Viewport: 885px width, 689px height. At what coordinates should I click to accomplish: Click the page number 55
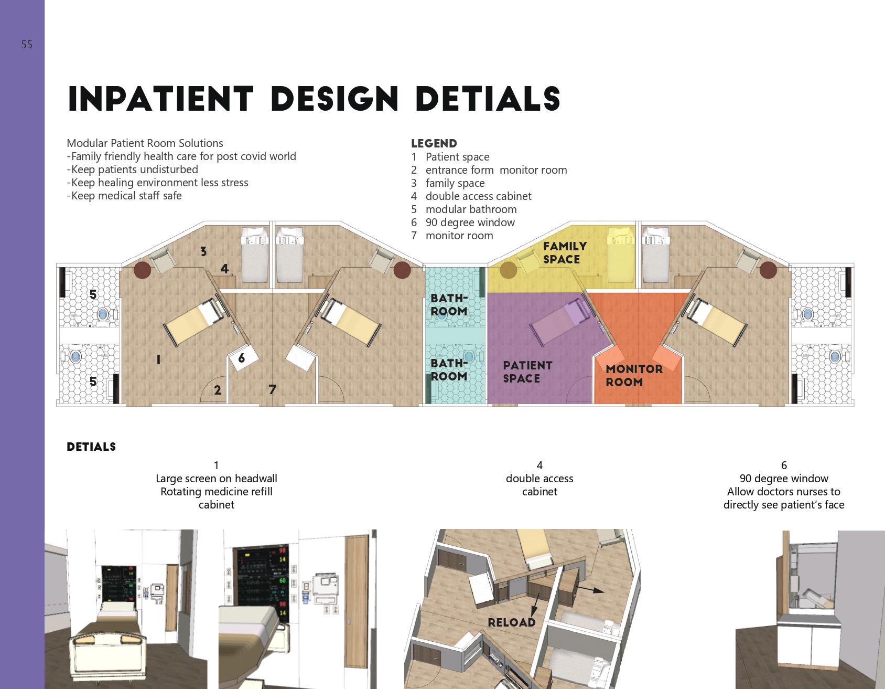pyautogui.click(x=27, y=45)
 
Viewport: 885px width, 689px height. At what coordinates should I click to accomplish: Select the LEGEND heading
pyautogui.click(x=434, y=143)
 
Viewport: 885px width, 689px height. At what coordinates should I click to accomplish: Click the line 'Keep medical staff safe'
pyautogui.click(x=124, y=196)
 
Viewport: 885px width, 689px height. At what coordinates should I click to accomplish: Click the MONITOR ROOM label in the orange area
pyautogui.click(x=634, y=375)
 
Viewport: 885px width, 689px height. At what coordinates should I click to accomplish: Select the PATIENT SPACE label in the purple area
pyautogui.click(x=527, y=372)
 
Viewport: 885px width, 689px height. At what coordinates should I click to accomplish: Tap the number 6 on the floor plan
pyautogui.click(x=241, y=359)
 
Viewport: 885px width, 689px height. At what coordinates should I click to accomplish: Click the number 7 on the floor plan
pyautogui.click(x=272, y=389)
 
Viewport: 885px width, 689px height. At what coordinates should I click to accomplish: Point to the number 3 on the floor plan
pyautogui.click(x=203, y=251)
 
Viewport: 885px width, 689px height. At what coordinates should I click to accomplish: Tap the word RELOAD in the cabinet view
pyautogui.click(x=512, y=622)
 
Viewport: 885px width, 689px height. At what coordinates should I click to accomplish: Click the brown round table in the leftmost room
pyautogui.click(x=143, y=271)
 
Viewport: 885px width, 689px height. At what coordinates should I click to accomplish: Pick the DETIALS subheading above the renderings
pyautogui.click(x=91, y=447)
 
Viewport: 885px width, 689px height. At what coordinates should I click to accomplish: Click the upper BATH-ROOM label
pyautogui.click(x=449, y=305)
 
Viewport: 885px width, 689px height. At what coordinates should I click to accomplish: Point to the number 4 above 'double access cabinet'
pyautogui.click(x=539, y=465)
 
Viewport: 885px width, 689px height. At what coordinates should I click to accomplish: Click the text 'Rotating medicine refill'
pyautogui.click(x=217, y=492)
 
